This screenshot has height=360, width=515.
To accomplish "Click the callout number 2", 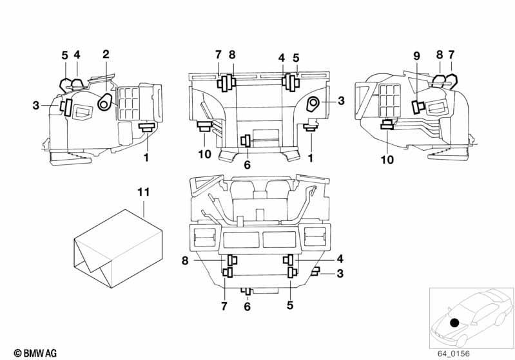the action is coord(106,55).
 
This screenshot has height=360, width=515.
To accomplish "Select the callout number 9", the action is coord(416,57).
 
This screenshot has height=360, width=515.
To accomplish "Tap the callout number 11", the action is coord(144,192).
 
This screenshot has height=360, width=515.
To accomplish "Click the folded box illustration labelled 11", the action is coord(118,249).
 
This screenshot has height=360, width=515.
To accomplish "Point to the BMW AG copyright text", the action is coord(35,353).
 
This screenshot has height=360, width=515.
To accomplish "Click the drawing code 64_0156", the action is coord(453,354).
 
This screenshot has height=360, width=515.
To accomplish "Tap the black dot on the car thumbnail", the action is coord(454,323).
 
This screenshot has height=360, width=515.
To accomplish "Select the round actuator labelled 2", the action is coord(105,102).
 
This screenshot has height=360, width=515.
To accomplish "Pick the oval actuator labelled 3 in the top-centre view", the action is coord(313,104).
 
